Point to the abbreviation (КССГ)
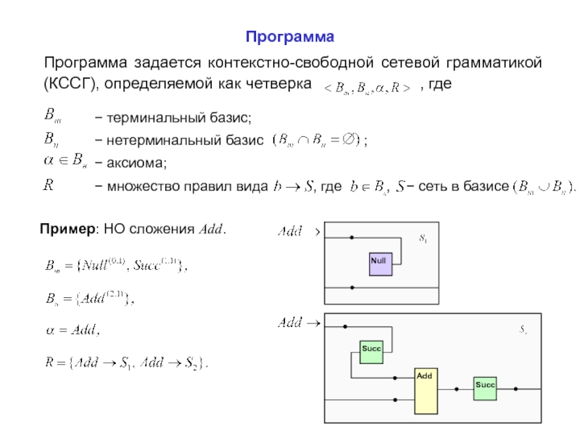tap(70, 85)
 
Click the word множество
tap(142, 186)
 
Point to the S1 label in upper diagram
tap(423, 238)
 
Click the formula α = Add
tap(69, 330)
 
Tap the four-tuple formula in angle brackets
tap(367, 86)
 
